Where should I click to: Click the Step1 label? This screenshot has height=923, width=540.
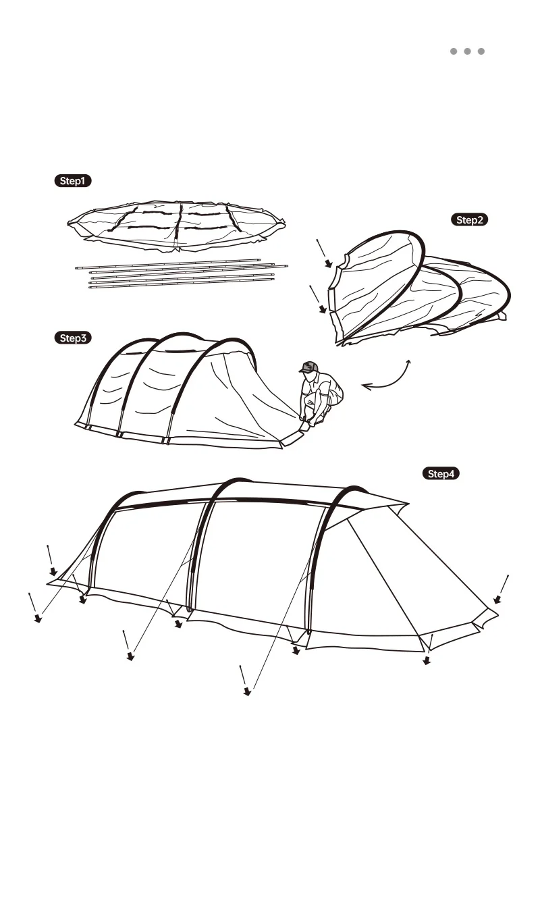(x=72, y=181)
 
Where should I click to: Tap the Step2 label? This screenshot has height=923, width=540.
(x=469, y=219)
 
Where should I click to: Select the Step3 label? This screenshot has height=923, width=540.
(x=72, y=338)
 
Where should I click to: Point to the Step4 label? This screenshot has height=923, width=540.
(x=441, y=473)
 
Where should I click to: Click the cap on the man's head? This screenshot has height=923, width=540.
(x=308, y=367)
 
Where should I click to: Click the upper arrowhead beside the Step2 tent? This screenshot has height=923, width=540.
(x=328, y=263)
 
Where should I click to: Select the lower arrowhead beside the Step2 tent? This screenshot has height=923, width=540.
(x=323, y=310)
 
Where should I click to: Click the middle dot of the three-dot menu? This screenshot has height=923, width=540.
(x=467, y=51)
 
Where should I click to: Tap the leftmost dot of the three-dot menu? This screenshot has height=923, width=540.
(x=454, y=51)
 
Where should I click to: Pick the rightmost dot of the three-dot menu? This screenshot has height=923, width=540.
(x=481, y=51)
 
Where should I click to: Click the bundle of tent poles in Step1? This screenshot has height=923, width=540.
(x=181, y=273)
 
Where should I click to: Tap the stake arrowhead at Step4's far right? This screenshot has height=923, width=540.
(x=497, y=600)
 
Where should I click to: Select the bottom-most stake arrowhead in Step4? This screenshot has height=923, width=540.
(x=247, y=691)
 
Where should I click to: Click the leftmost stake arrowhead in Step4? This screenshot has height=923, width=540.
(x=38, y=618)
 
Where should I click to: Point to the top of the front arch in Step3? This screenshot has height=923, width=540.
(x=233, y=342)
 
